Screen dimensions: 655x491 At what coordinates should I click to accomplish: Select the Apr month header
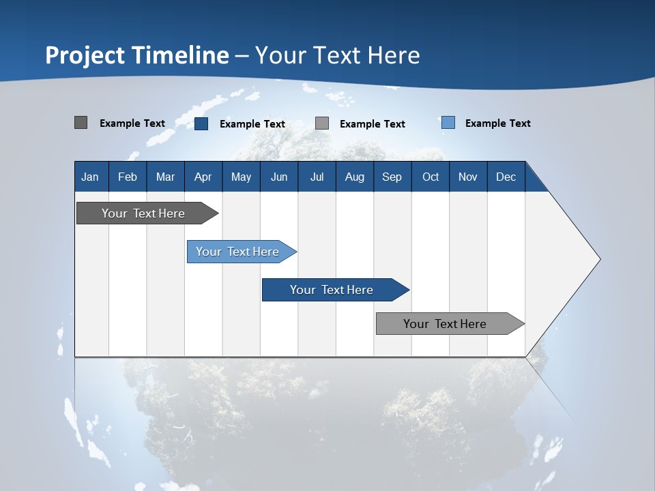point(203,177)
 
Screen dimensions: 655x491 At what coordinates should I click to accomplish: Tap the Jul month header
point(317,177)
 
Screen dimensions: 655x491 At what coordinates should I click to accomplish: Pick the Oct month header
point(431,177)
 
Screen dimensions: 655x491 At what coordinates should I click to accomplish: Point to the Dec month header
point(506,177)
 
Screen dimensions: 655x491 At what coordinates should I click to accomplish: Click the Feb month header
point(128,177)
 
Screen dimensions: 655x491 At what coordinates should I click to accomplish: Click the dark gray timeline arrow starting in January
point(147,213)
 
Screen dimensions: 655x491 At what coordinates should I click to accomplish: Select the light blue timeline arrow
point(242,252)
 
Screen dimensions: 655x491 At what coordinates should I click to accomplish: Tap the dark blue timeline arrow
point(336,290)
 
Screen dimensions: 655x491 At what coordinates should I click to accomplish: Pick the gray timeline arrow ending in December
point(450,323)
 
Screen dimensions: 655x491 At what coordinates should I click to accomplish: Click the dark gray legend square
point(81,122)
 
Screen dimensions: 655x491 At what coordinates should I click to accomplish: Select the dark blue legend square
point(201,123)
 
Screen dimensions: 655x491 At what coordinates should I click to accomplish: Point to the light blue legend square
point(448,122)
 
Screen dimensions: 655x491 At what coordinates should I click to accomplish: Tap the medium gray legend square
point(321,123)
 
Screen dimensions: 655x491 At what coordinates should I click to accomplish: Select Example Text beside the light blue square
point(498,123)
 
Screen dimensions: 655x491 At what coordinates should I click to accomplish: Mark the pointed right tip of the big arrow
point(600,259)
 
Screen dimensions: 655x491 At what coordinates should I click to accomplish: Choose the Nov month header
point(468,177)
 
